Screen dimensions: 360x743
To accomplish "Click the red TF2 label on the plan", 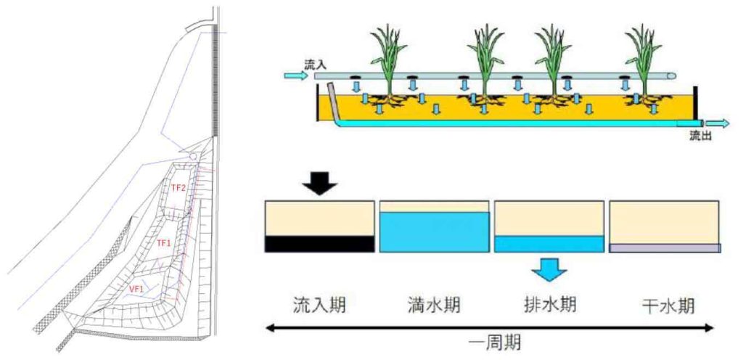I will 178,188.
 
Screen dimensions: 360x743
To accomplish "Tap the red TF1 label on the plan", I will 164,242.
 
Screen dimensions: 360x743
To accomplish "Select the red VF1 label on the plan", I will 136,289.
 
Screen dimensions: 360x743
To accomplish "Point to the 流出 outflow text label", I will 700,136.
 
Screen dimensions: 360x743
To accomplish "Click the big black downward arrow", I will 319,184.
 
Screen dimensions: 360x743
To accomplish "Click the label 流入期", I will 319,303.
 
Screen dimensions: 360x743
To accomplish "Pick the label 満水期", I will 433,303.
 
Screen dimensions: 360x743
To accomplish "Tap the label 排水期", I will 549,303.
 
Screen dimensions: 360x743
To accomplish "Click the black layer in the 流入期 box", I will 319,244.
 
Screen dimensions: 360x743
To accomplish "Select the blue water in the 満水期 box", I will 433,232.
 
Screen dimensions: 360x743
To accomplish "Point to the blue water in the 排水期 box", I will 549,244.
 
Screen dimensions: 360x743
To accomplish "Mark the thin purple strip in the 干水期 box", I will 665,248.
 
